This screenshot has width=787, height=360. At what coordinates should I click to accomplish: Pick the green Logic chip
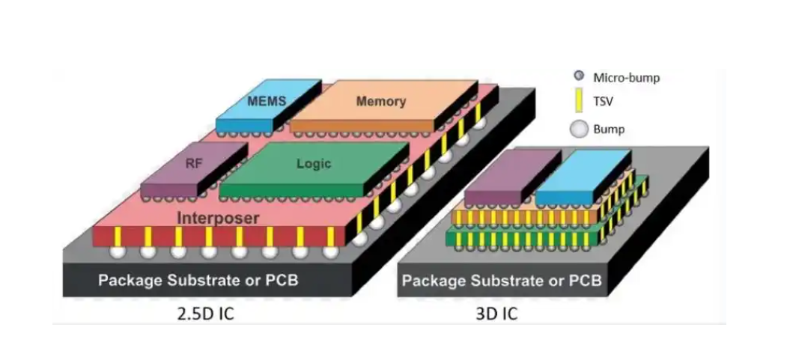click(313, 164)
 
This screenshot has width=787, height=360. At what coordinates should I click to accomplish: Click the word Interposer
click(218, 218)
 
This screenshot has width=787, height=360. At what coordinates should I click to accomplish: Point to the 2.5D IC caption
click(201, 313)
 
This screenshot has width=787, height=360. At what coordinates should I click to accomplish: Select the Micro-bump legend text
click(626, 77)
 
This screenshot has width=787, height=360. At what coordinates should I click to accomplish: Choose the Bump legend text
click(608, 129)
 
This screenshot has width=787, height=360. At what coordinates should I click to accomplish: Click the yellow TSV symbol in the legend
click(579, 101)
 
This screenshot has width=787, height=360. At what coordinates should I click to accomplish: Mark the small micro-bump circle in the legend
click(579, 76)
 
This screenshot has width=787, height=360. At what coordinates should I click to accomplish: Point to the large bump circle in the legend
click(578, 129)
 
